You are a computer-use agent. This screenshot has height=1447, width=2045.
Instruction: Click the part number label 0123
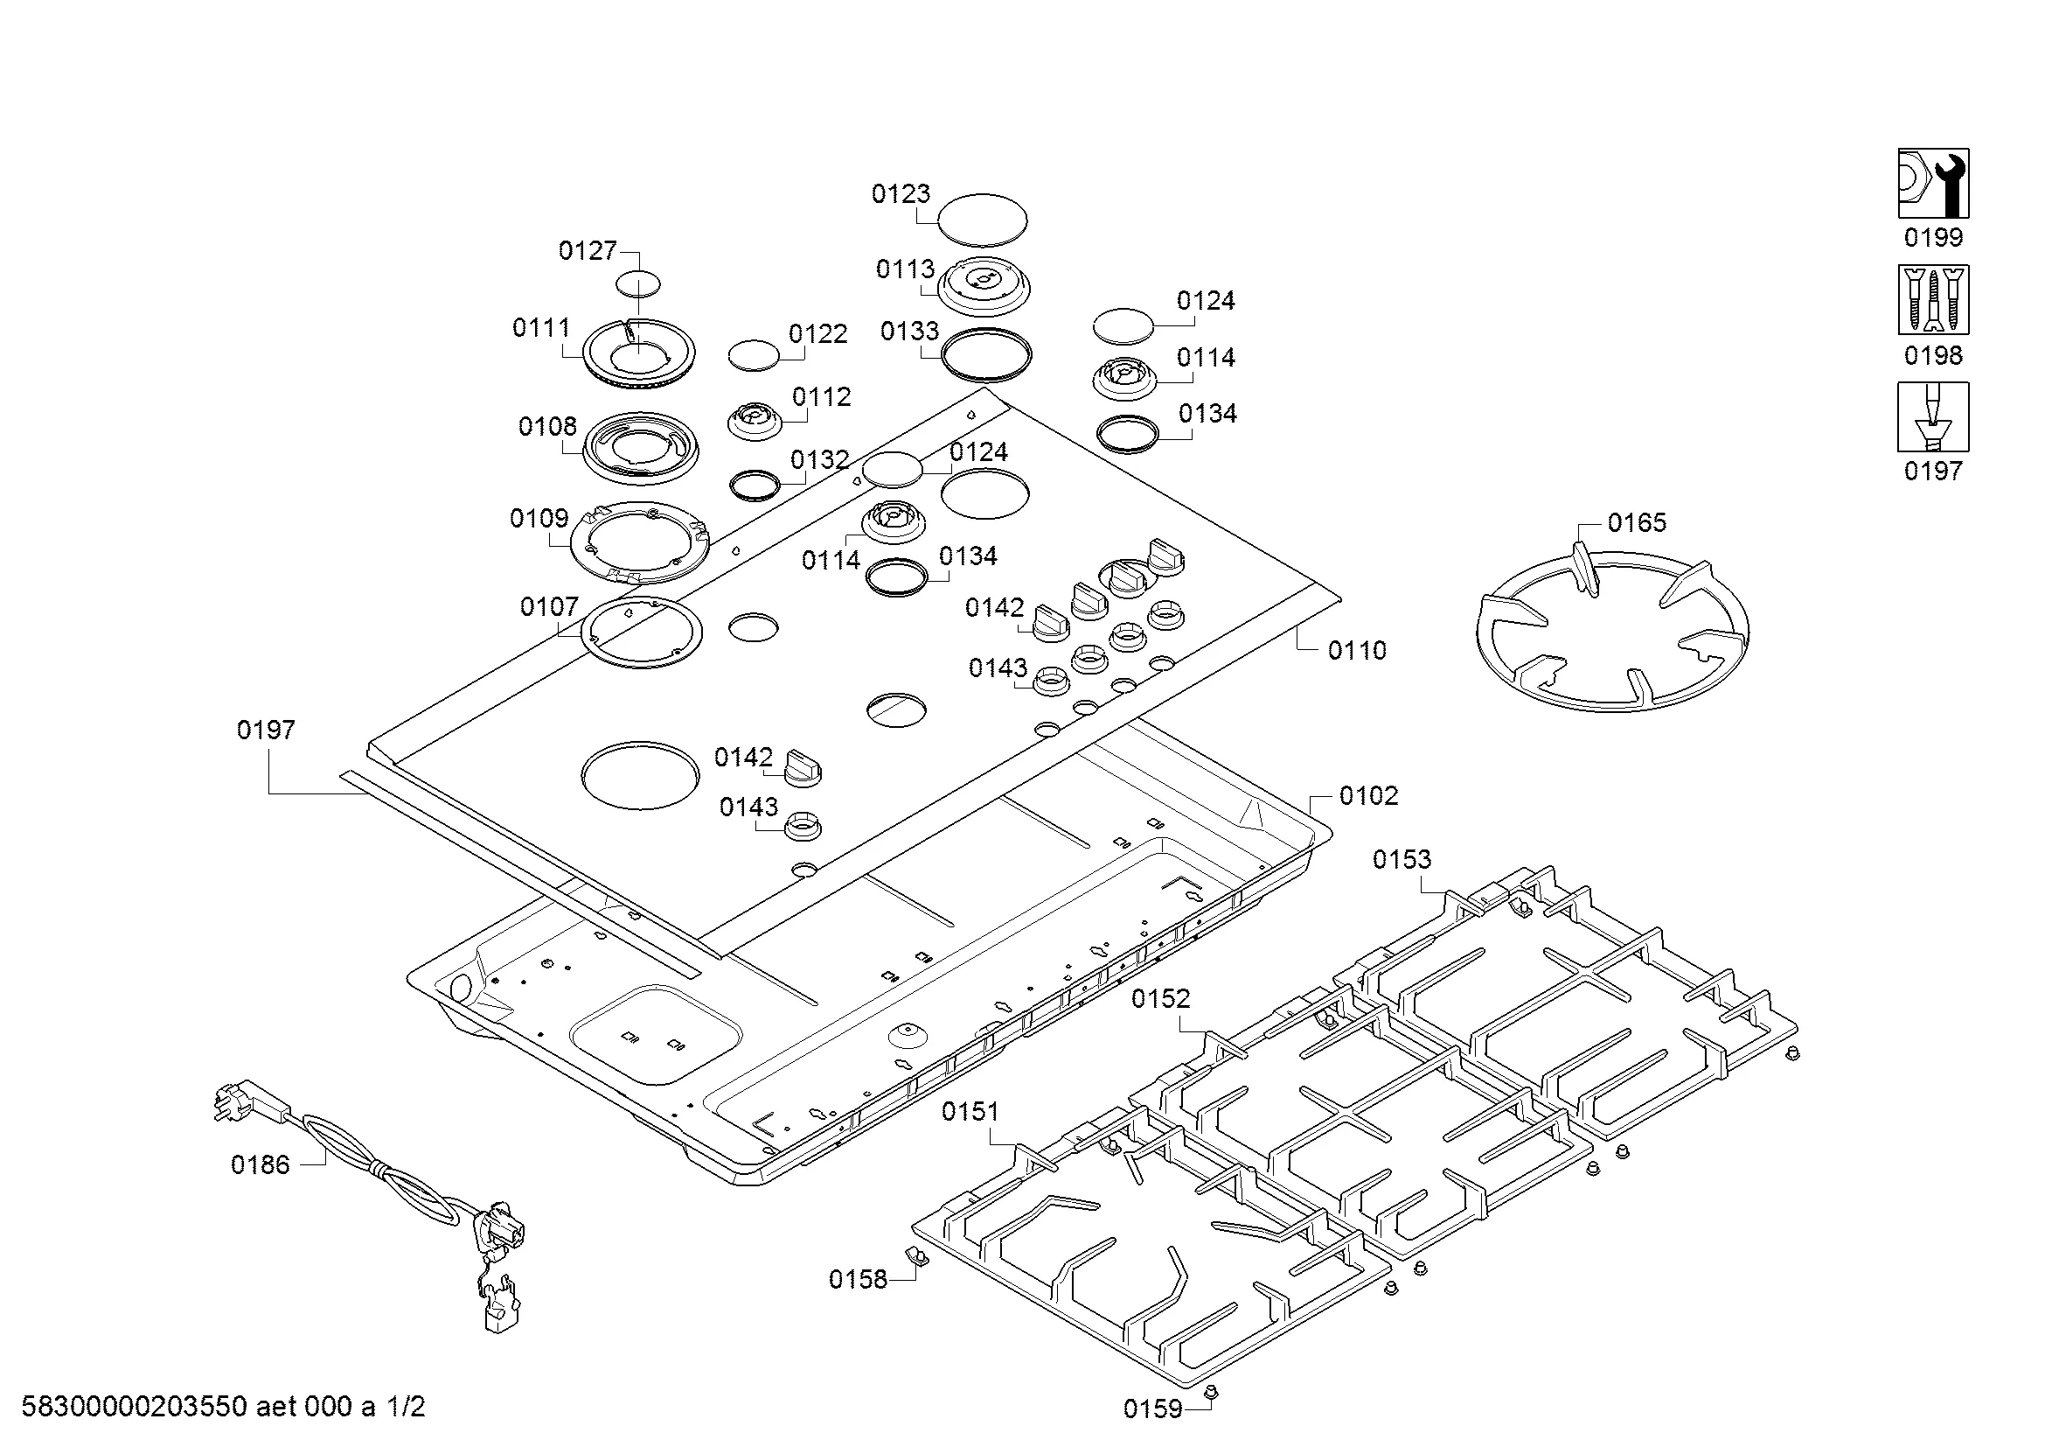[901, 194]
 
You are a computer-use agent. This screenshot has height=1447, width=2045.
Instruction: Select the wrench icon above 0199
[1933, 184]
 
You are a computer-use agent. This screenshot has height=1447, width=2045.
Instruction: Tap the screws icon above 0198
[1933, 299]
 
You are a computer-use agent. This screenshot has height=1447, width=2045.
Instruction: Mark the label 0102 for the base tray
[1368, 795]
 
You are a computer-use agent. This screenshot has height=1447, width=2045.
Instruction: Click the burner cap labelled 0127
[638, 284]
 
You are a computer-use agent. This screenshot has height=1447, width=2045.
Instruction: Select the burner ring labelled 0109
[639, 542]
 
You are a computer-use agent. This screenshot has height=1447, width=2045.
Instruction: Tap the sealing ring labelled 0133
[986, 353]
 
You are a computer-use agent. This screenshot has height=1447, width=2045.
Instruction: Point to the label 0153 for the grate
[1401, 860]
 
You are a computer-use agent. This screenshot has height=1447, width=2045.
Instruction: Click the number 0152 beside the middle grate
[1160, 999]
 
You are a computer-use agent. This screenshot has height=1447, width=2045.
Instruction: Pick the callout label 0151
[970, 1112]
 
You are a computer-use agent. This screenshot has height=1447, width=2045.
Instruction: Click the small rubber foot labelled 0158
[915, 1255]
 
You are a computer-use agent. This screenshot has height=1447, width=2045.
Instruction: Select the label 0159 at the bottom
[1151, 1409]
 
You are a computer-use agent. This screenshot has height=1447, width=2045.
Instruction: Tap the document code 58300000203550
[134, 1407]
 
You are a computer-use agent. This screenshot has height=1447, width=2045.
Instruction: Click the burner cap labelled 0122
[754, 353]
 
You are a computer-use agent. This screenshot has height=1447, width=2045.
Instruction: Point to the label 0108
[546, 427]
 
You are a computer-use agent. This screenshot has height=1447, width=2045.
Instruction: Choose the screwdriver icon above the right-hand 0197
[1933, 417]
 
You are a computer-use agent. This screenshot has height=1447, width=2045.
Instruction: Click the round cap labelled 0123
[983, 220]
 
